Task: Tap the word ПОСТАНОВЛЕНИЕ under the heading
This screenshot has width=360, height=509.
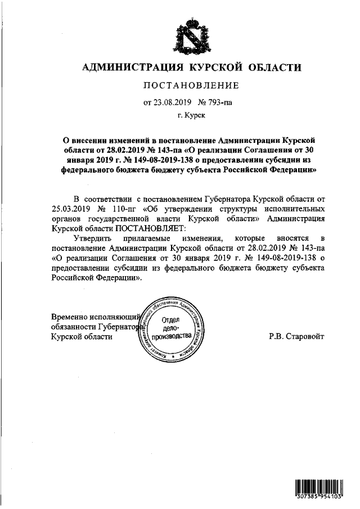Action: [192, 85]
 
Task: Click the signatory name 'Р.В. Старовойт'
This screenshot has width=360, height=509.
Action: [297, 336]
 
